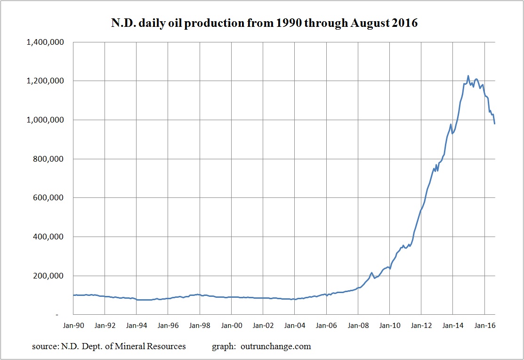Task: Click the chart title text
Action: [x=262, y=23]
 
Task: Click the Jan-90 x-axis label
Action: [x=73, y=325]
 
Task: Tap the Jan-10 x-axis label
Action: [x=389, y=325]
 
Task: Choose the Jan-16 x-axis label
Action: [x=484, y=325]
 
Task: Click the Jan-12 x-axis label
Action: [x=421, y=325]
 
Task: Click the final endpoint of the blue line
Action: [x=495, y=123]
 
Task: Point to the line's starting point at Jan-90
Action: [x=74, y=295]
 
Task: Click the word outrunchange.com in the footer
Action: [x=276, y=347]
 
